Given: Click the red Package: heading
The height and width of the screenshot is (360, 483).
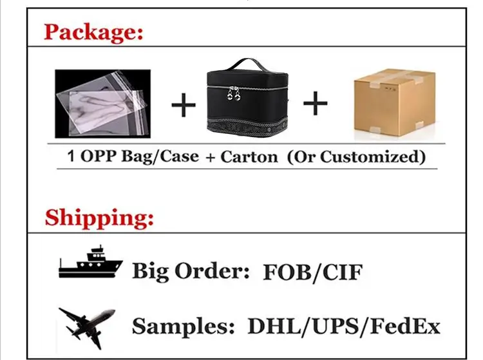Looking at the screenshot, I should pyautogui.click(x=93, y=32).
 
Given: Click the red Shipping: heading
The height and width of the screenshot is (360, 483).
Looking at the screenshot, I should pyautogui.click(x=100, y=217).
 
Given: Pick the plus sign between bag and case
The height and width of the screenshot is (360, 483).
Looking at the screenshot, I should pyautogui.click(x=184, y=105).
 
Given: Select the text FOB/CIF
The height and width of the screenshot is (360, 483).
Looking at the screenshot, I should pyautogui.click(x=312, y=271).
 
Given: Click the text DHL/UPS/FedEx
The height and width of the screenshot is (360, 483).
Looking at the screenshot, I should pyautogui.click(x=344, y=327).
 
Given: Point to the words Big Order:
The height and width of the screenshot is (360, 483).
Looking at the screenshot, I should pyautogui.click(x=191, y=271).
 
